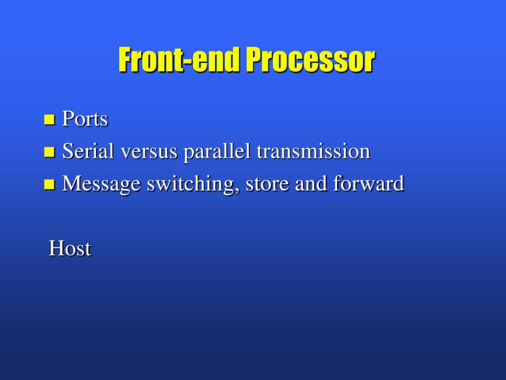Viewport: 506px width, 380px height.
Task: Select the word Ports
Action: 85,119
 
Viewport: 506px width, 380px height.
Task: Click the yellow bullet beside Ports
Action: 49,120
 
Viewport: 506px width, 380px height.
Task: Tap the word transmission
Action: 313,151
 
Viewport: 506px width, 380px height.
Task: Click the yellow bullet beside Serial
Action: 49,152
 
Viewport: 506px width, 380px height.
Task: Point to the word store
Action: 268,184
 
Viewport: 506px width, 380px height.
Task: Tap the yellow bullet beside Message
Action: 49,185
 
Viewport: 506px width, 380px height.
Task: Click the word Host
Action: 70,248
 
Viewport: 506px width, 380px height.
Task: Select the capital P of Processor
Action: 253,60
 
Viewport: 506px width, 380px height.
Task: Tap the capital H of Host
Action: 55,248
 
